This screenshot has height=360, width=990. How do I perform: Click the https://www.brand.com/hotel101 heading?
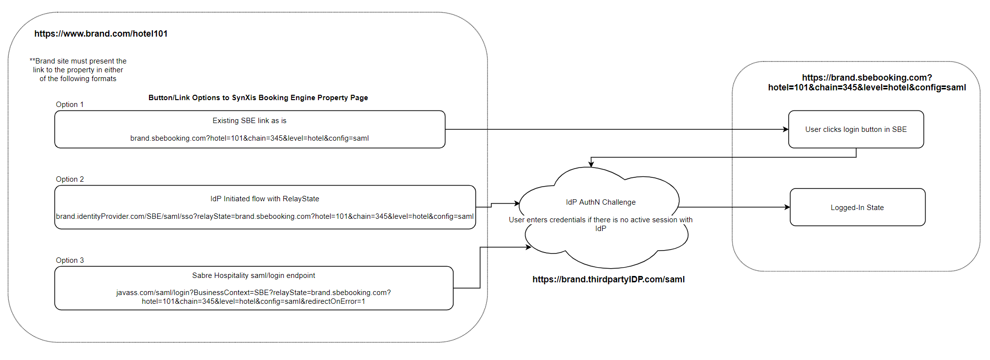101,34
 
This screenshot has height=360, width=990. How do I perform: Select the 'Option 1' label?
69,105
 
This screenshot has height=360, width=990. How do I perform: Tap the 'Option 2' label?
69,179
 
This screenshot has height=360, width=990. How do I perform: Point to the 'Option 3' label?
69,260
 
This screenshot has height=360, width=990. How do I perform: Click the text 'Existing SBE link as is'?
249,121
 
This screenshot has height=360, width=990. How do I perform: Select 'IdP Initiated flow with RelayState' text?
264,199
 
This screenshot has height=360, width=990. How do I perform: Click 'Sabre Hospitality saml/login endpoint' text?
253,275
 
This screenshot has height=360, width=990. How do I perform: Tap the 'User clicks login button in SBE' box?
855,129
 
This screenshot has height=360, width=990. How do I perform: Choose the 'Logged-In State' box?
857,208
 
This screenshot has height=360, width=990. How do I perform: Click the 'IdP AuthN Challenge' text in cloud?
600,202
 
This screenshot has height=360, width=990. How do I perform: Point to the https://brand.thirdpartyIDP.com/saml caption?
608,279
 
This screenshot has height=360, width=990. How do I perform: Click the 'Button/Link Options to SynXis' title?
258,98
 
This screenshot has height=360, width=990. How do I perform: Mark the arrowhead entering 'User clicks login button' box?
785,129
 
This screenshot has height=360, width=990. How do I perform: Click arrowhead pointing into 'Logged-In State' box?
787,207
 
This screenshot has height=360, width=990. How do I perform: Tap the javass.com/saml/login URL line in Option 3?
253,293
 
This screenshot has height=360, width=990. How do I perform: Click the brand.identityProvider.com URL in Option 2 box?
264,216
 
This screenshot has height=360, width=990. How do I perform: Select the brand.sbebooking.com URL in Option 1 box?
249,138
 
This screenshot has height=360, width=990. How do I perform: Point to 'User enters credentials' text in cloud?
600,220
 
